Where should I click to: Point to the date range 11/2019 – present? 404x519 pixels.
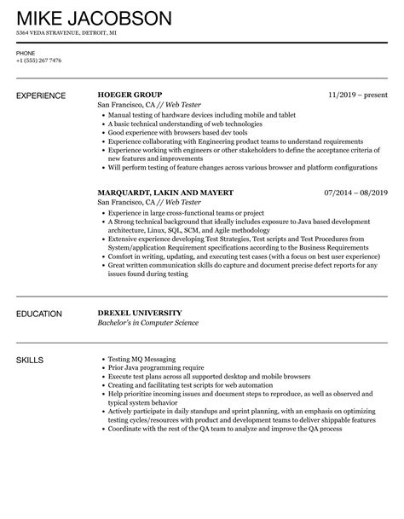[x=357, y=95]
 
